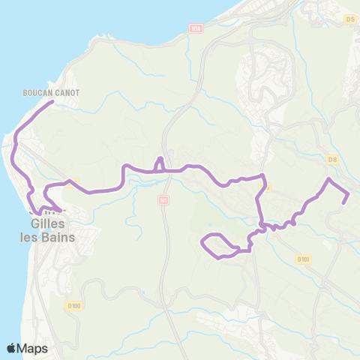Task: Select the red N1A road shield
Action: [197, 28]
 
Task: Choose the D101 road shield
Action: [303, 259]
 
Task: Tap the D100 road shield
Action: [73, 286]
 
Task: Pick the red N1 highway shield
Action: [163, 200]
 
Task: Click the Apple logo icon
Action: [11, 348]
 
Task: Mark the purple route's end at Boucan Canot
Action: [52, 102]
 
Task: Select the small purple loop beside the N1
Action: [159, 164]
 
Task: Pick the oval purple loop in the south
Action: [217, 245]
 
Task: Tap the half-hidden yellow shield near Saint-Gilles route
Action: [73, 181]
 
